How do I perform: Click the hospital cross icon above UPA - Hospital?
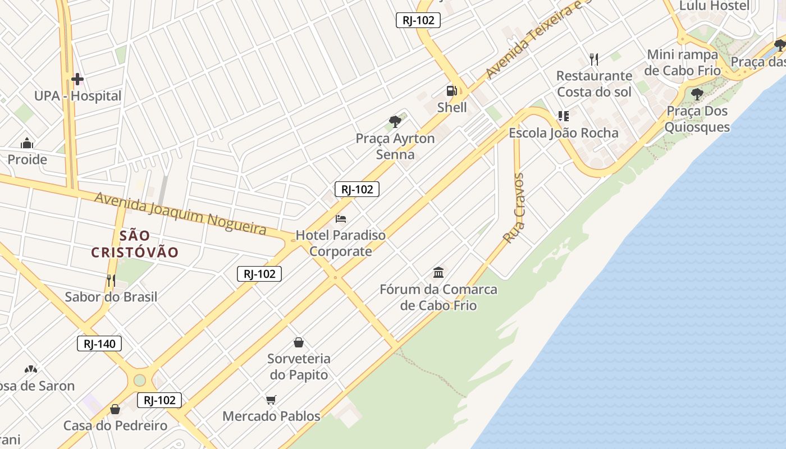coord(77,79)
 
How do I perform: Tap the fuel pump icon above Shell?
coord(451,90)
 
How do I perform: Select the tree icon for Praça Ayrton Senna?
coord(395,121)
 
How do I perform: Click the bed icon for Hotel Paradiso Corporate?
coord(341,218)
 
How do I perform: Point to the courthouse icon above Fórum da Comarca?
coord(438,273)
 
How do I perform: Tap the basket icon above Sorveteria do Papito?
coord(299,342)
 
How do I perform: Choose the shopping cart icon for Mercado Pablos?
coord(271,400)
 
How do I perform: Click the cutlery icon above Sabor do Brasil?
coord(111,280)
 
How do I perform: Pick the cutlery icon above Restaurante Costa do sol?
coord(594,58)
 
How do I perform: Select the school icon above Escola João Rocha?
coord(563,116)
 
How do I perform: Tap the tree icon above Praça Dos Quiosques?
coord(697,94)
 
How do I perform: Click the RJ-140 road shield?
coord(99,343)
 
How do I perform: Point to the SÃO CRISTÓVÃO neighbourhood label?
coord(135,244)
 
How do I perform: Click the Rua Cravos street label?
coord(514,208)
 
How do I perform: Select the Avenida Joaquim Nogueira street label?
coord(180,213)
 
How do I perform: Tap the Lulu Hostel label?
coord(714,6)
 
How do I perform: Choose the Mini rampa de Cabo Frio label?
coord(682,62)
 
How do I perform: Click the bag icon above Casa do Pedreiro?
coord(115,409)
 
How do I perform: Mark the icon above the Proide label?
coord(27,144)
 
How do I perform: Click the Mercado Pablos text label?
coord(271,416)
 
